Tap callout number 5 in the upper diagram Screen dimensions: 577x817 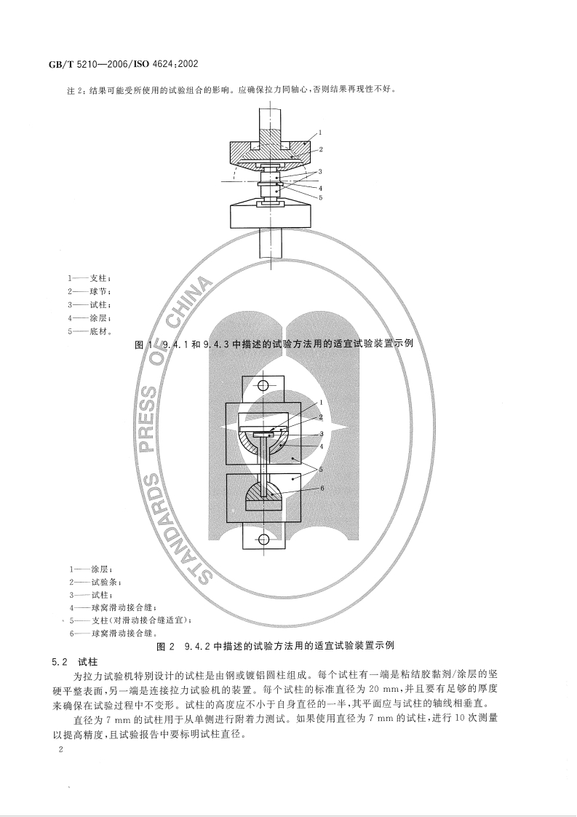[x=321, y=197]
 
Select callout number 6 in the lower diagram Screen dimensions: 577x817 [x=321, y=489]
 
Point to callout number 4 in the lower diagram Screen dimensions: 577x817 [x=321, y=445]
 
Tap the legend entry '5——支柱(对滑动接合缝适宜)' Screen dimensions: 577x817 [x=130, y=620]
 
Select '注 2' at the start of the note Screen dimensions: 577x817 [x=77, y=90]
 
